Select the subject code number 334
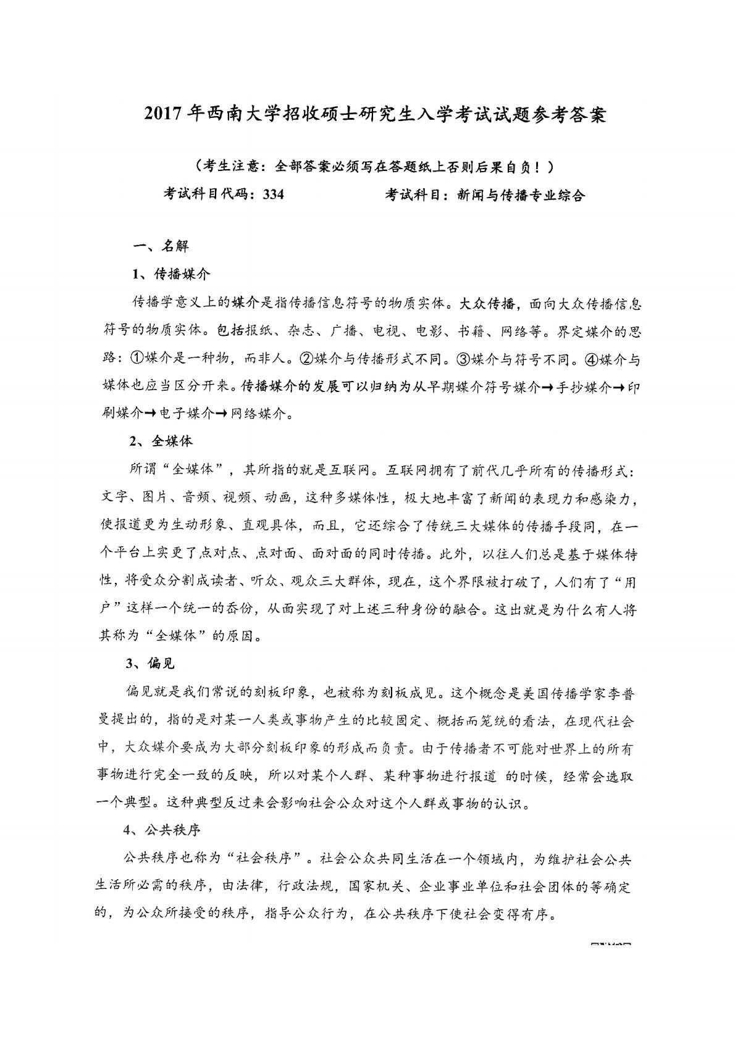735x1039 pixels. (272, 195)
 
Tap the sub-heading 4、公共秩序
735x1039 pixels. (162, 831)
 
